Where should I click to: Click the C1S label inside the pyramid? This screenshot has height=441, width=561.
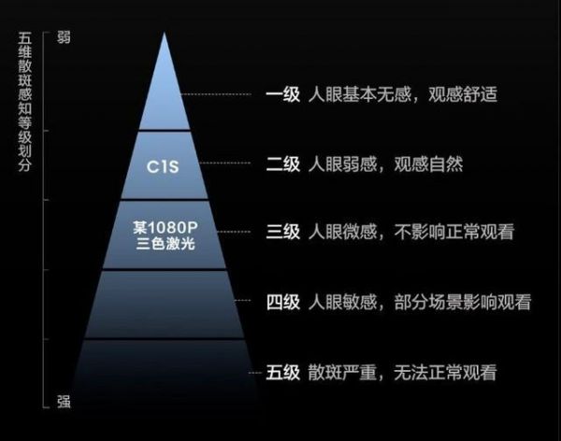(164, 166)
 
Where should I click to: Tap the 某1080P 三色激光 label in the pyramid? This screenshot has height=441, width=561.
(164, 235)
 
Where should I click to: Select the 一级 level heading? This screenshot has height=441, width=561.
(282, 95)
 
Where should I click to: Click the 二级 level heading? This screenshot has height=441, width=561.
(282, 164)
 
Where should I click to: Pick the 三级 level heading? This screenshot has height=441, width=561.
(282, 233)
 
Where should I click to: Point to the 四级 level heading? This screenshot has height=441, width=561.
(282, 303)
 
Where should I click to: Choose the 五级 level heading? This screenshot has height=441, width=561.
(282, 372)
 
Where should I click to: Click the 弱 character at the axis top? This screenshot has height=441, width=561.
(64, 38)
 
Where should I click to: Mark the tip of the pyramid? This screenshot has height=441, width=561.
(164, 36)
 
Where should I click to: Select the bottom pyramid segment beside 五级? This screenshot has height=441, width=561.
(164, 374)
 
